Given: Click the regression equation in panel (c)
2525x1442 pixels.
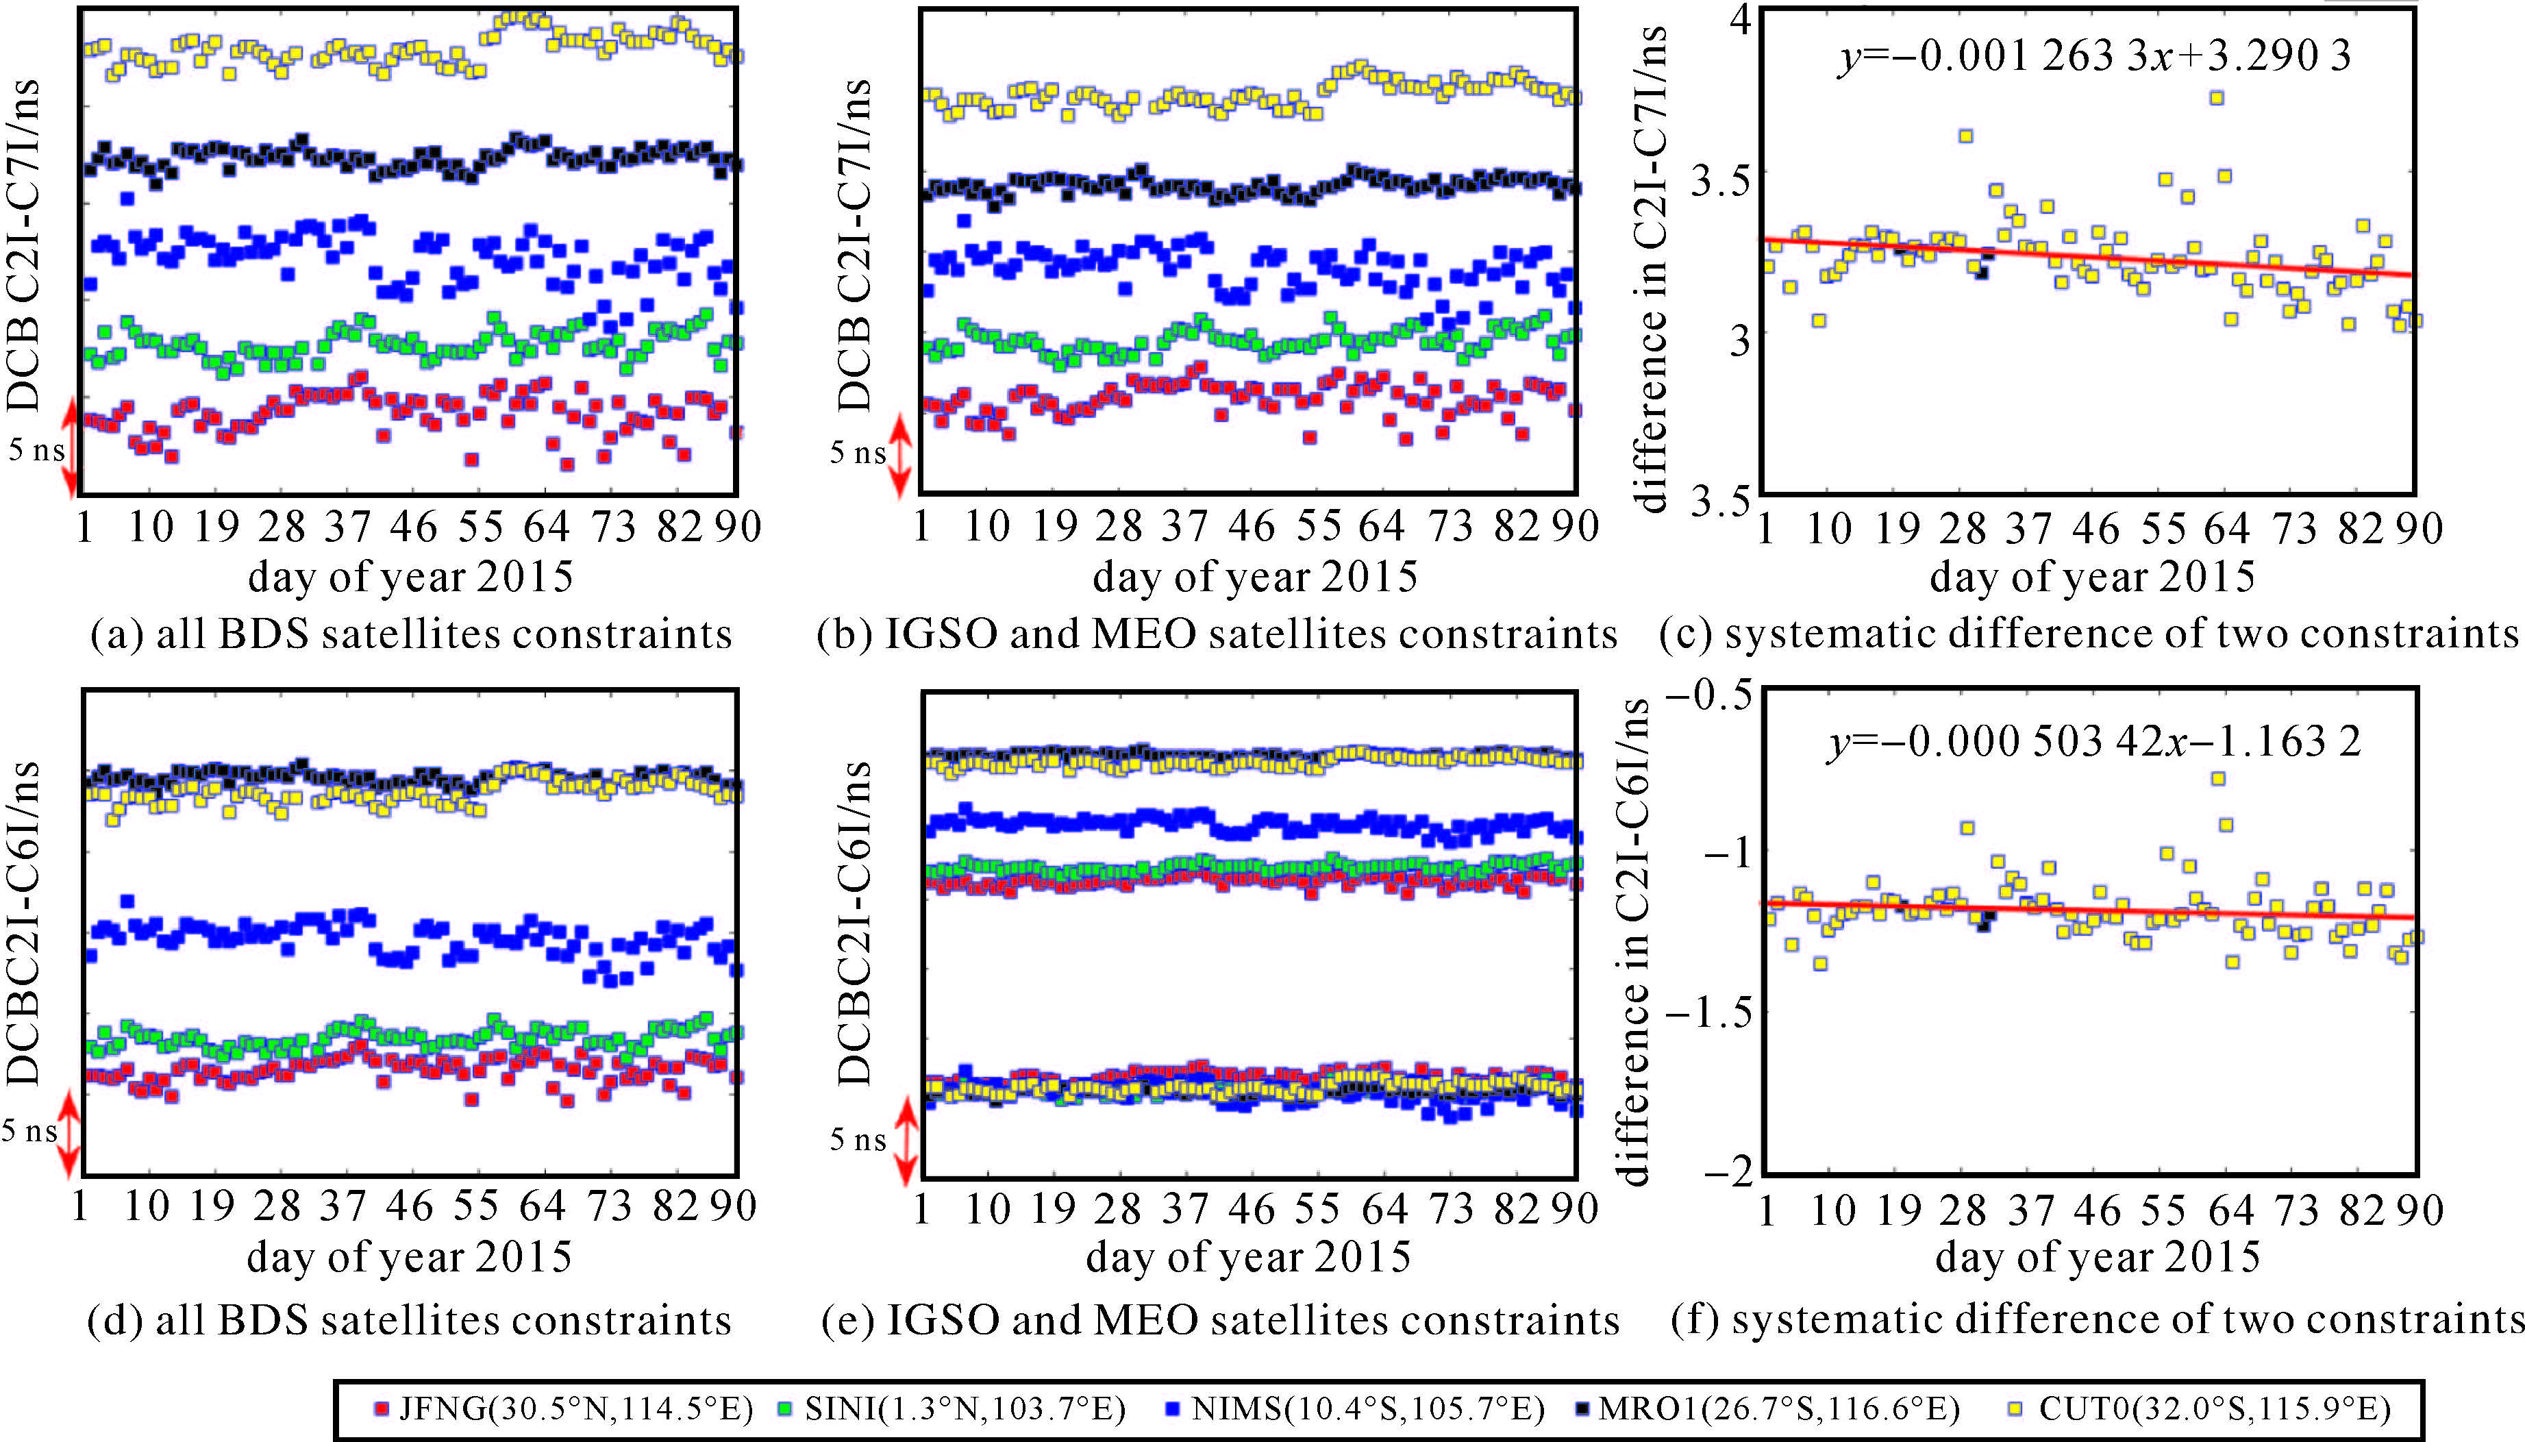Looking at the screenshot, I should coord(2093,55).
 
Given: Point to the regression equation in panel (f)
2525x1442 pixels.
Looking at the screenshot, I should coord(2093,740).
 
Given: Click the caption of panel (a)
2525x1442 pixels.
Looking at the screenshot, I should coord(411,634).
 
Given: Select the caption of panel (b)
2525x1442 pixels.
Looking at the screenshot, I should coord(1217,634).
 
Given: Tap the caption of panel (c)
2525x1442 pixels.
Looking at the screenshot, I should coord(2089,634).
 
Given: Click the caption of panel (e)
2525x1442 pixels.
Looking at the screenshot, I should coord(1220,1320).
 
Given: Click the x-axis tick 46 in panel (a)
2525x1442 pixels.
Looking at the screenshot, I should coord(413,526).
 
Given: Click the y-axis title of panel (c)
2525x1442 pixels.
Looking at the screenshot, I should coord(1651,267).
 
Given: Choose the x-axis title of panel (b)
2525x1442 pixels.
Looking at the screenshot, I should coord(1254,576).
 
